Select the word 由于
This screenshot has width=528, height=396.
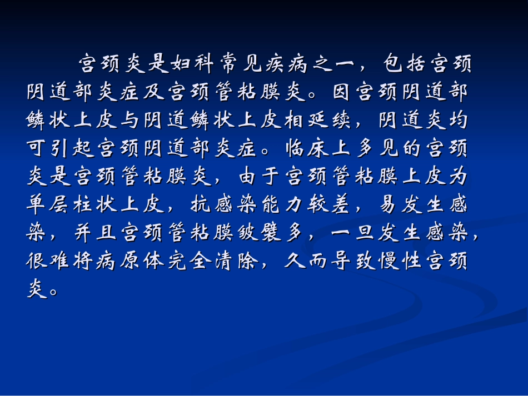point(249,177)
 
